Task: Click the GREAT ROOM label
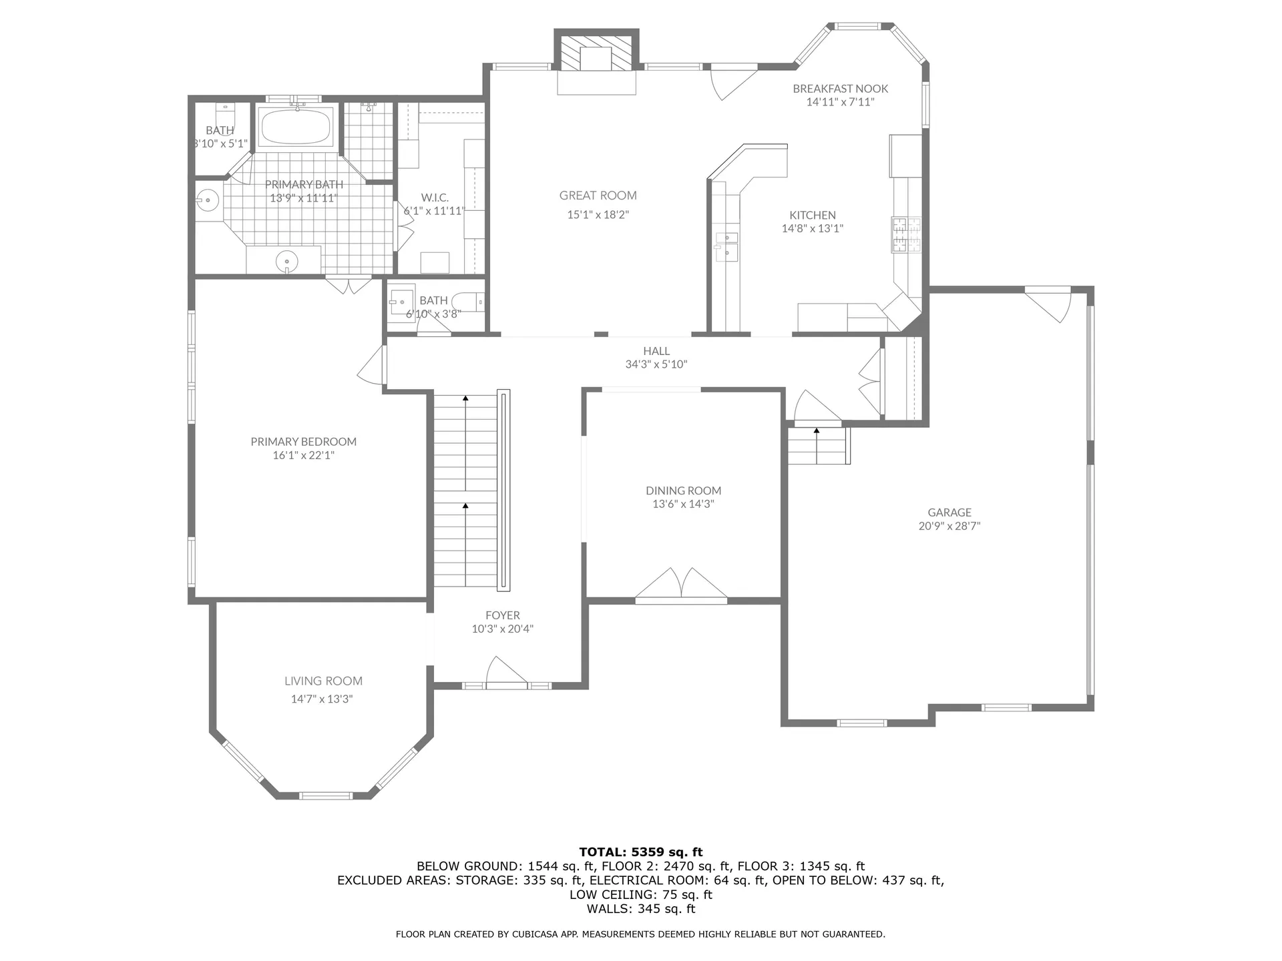[x=598, y=196]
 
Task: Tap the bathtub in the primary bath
[x=296, y=127]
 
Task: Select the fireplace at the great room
[x=596, y=51]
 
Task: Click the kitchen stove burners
[x=906, y=235]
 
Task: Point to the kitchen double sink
[x=726, y=245]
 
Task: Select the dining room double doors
[x=681, y=584]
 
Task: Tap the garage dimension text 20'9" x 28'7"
[x=949, y=526]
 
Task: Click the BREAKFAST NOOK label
[x=840, y=88]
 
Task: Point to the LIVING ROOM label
[x=323, y=681]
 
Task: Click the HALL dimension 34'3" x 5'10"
[x=656, y=364]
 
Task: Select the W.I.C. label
[x=435, y=198]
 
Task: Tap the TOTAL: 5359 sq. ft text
[x=640, y=852]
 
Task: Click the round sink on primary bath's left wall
[x=208, y=200]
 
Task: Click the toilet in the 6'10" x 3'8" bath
[x=469, y=302]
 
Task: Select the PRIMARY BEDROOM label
[x=303, y=441]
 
